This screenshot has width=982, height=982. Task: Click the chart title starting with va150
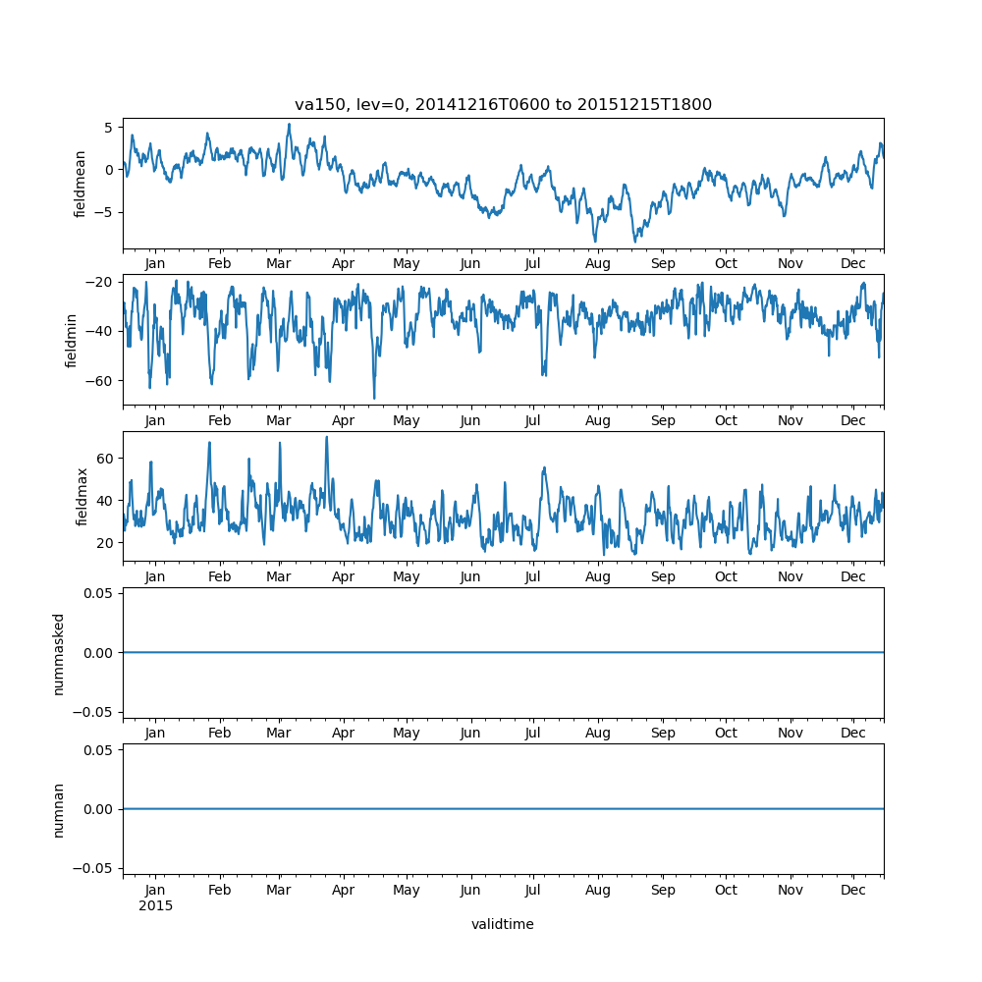pyautogui.click(x=503, y=104)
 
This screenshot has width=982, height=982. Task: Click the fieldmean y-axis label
pyautogui.click(x=80, y=184)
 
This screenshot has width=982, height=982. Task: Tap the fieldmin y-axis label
pyautogui.click(x=72, y=340)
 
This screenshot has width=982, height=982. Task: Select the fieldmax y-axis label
pyautogui.click(x=82, y=496)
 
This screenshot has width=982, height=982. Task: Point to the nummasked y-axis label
pyautogui.click(x=59, y=653)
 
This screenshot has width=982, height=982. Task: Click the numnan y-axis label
pyautogui.click(x=59, y=809)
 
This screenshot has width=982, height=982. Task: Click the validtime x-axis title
pyautogui.click(x=503, y=924)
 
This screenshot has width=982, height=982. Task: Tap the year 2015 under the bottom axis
pyautogui.click(x=155, y=905)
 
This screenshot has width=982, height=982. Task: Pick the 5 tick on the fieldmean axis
pyautogui.click(x=110, y=127)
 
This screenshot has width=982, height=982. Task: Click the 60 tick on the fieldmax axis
pyautogui.click(x=106, y=459)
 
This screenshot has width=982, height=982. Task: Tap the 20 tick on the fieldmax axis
pyautogui.click(x=106, y=543)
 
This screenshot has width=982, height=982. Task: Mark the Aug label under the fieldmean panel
pyautogui.click(x=597, y=264)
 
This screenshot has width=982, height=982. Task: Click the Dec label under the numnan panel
pyautogui.click(x=853, y=890)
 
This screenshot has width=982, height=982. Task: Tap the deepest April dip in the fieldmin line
pyautogui.click(x=373, y=398)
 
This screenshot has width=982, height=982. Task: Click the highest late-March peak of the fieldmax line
pyautogui.click(x=326, y=437)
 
